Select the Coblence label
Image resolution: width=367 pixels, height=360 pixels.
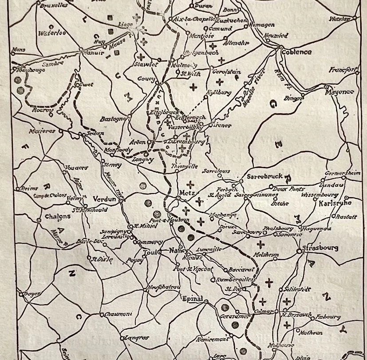[296, 52]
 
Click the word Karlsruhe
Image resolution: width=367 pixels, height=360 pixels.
[335, 203]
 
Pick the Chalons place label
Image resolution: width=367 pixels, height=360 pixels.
[58, 217]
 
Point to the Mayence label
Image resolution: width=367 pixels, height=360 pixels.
[339, 92]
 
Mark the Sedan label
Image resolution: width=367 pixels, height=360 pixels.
[96, 133]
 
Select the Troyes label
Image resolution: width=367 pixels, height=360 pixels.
[31, 294]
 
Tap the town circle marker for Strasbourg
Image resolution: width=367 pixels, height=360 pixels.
[300, 251]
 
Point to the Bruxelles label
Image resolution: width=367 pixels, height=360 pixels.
[54, 6]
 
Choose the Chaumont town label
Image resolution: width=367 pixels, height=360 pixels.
[119, 314]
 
